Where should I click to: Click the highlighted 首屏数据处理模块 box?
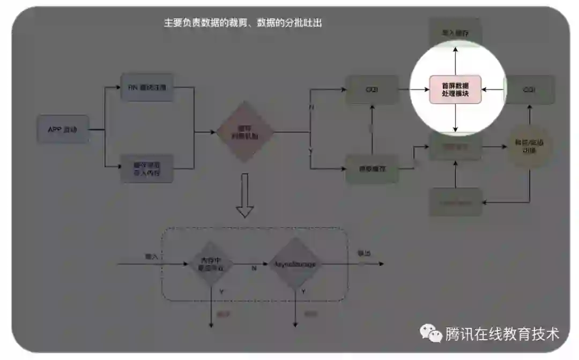[x=455, y=89]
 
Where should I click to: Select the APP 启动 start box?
[x=63, y=129]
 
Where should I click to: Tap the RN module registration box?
[x=147, y=87]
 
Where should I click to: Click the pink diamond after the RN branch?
[x=244, y=131]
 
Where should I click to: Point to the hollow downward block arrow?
[x=245, y=195]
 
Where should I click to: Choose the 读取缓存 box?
[x=372, y=169]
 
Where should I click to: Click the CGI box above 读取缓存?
[x=372, y=89]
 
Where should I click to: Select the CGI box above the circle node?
[x=530, y=90]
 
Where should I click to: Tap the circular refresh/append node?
[x=529, y=146]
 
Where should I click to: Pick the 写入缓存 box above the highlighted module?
[x=455, y=33]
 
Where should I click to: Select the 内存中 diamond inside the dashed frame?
[x=211, y=264]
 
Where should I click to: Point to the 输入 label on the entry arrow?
[x=152, y=257]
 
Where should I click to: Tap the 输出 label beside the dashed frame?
[x=364, y=253]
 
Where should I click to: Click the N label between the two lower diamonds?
[x=254, y=268]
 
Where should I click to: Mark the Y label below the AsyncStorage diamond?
[x=303, y=292]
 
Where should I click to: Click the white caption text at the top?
[x=242, y=23]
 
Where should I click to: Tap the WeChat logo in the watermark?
[x=430, y=334]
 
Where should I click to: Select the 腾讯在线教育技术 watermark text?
[x=502, y=334]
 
